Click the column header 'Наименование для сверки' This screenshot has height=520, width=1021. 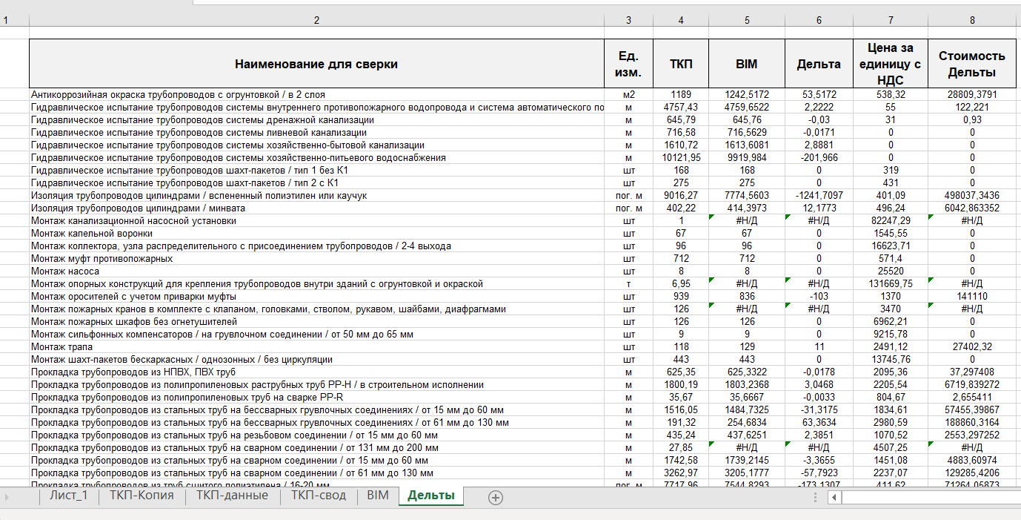(316, 64)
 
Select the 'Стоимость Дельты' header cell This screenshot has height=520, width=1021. (972, 64)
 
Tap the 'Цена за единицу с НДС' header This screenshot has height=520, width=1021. (891, 64)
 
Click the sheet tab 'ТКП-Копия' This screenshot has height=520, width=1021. (142, 496)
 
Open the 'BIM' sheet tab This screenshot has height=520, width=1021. (377, 496)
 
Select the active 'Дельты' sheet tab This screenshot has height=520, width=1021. (430, 496)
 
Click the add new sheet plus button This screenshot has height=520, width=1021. (496, 498)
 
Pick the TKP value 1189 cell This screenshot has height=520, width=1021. (681, 95)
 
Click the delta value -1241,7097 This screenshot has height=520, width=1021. (819, 196)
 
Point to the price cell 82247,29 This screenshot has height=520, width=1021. (891, 221)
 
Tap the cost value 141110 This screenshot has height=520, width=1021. (972, 297)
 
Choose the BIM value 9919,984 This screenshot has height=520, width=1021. (747, 158)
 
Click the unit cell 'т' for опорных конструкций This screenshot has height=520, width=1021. (629, 284)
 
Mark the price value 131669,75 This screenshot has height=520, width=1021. (891, 284)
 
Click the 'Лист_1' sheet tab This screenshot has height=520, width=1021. (68, 496)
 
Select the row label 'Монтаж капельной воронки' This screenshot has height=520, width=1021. (92, 234)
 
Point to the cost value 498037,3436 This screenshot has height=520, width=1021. (972, 196)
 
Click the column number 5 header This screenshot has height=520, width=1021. (747, 20)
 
